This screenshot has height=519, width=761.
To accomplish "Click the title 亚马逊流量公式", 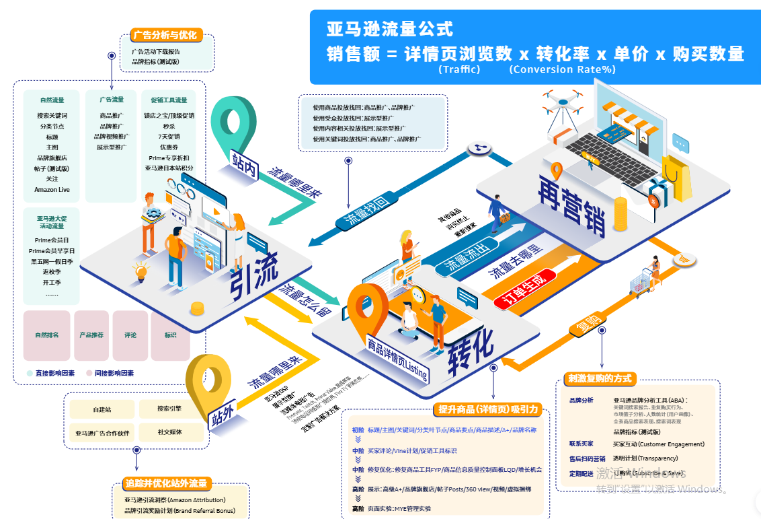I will coord(390,29).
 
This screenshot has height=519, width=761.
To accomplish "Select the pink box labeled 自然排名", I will coord(47,335).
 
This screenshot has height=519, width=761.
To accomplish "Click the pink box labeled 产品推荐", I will coord(91,335).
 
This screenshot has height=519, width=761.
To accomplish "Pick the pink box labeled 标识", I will coord(170,335).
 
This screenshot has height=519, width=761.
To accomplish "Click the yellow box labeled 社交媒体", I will coord(169,431).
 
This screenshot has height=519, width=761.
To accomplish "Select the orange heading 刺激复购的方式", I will coord(600,378).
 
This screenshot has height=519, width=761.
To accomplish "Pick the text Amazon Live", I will coord(52,190).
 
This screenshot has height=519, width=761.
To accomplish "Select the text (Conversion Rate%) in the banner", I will coord(562,69).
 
